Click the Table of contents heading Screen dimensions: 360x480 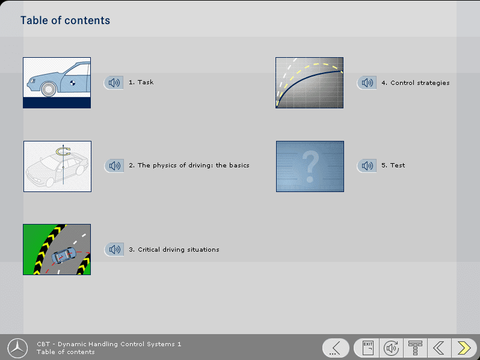click(x=65, y=20)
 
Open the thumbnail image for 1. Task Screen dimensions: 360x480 click(x=57, y=82)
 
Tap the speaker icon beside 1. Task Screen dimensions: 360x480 click(x=114, y=82)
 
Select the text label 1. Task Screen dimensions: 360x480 click(x=141, y=82)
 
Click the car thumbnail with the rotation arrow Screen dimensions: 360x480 click(x=57, y=166)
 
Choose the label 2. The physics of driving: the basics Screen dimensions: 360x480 click(x=189, y=166)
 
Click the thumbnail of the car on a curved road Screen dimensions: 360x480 click(x=57, y=249)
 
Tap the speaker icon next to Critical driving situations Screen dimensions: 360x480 click(x=114, y=249)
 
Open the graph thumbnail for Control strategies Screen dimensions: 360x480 click(x=309, y=82)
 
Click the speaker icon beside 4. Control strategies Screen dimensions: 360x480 click(x=366, y=82)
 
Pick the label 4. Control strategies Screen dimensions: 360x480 click(x=415, y=82)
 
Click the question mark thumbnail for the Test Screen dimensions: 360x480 click(x=310, y=166)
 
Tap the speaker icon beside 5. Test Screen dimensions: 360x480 click(x=366, y=166)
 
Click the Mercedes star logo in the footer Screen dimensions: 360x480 click(x=18, y=347)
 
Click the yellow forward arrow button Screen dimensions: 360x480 click(x=464, y=347)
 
